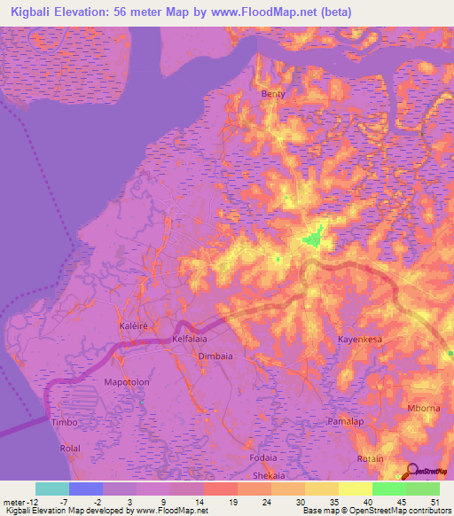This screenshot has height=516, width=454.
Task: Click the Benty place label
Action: [x=271, y=93]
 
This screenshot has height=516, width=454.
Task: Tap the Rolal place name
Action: [x=70, y=448]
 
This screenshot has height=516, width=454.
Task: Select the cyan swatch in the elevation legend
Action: [x=51, y=489]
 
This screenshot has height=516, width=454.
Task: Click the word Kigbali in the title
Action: [x=33, y=12]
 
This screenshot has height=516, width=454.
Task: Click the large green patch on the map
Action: [x=312, y=238]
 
